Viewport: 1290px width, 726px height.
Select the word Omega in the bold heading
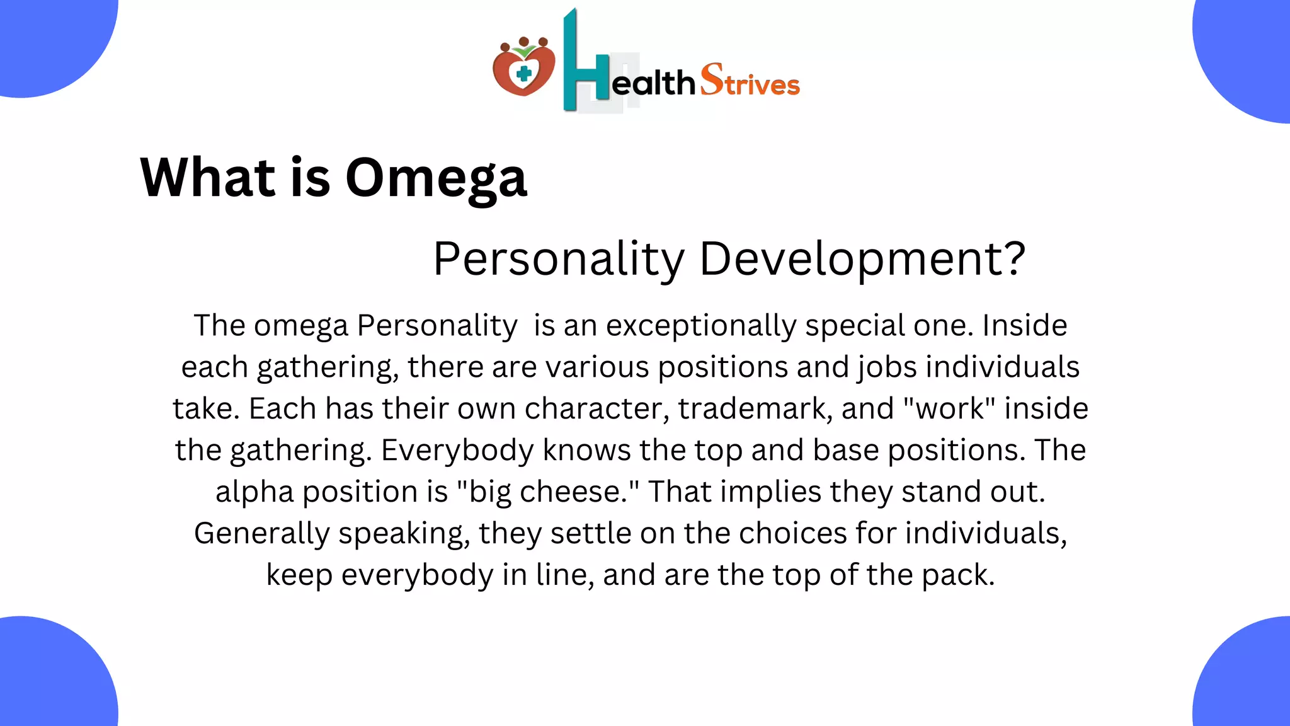(436, 178)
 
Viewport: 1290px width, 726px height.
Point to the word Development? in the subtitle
(862, 259)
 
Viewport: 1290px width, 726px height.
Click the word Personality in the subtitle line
(559, 259)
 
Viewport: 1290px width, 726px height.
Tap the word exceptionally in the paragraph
(701, 326)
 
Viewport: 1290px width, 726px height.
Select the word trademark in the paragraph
(755, 408)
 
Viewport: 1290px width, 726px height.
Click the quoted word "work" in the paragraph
(949, 408)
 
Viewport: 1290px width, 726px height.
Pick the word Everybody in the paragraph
(457, 450)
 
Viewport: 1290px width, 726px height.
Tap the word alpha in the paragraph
(254, 492)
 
